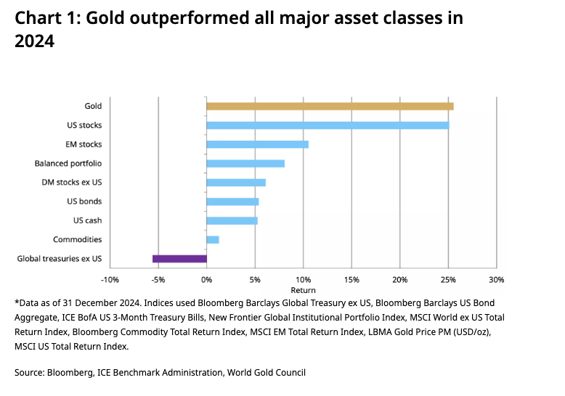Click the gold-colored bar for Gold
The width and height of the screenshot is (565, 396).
click(330, 106)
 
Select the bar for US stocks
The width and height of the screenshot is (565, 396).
click(328, 125)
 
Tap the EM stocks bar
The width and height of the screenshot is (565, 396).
click(257, 144)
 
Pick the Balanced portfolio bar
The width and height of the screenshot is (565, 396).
click(245, 163)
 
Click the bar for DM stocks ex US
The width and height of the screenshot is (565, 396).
click(236, 183)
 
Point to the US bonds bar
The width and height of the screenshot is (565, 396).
click(232, 202)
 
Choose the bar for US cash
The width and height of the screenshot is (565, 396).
click(232, 220)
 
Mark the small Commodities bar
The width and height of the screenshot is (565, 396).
click(213, 239)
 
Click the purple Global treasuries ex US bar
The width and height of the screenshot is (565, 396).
click(179, 258)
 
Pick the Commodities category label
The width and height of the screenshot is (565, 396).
click(77, 239)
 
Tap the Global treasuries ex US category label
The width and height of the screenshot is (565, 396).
click(60, 258)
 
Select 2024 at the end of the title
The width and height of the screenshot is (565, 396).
click(34, 42)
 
